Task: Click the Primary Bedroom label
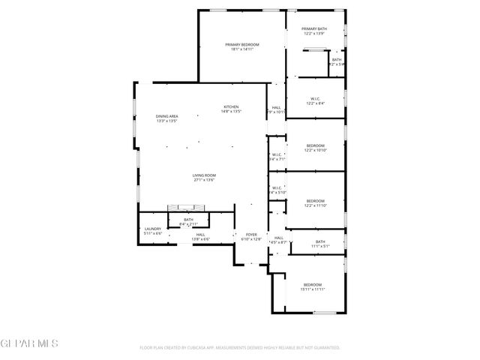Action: point(241,44)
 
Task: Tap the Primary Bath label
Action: point(315,29)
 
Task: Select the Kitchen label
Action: point(231,107)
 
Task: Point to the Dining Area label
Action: point(166,116)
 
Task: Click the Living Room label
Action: point(204,175)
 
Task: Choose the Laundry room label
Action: point(152,229)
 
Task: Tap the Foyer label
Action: point(253,235)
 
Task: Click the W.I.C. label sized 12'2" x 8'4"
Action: point(315,99)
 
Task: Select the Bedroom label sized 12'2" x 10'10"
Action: point(315,145)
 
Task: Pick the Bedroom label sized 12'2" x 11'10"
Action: point(315,200)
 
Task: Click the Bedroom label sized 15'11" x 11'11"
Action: point(312,284)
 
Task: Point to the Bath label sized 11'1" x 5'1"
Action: point(320,241)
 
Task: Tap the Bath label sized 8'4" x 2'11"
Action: point(188,220)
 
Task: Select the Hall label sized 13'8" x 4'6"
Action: point(201,235)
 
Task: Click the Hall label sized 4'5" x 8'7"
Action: point(278,238)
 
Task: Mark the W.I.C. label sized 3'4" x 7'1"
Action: point(277,155)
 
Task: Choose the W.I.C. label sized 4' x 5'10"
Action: point(277,187)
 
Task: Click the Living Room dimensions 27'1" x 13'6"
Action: point(204,180)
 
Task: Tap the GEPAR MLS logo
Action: point(29,344)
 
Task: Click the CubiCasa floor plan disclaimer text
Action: point(240,347)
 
